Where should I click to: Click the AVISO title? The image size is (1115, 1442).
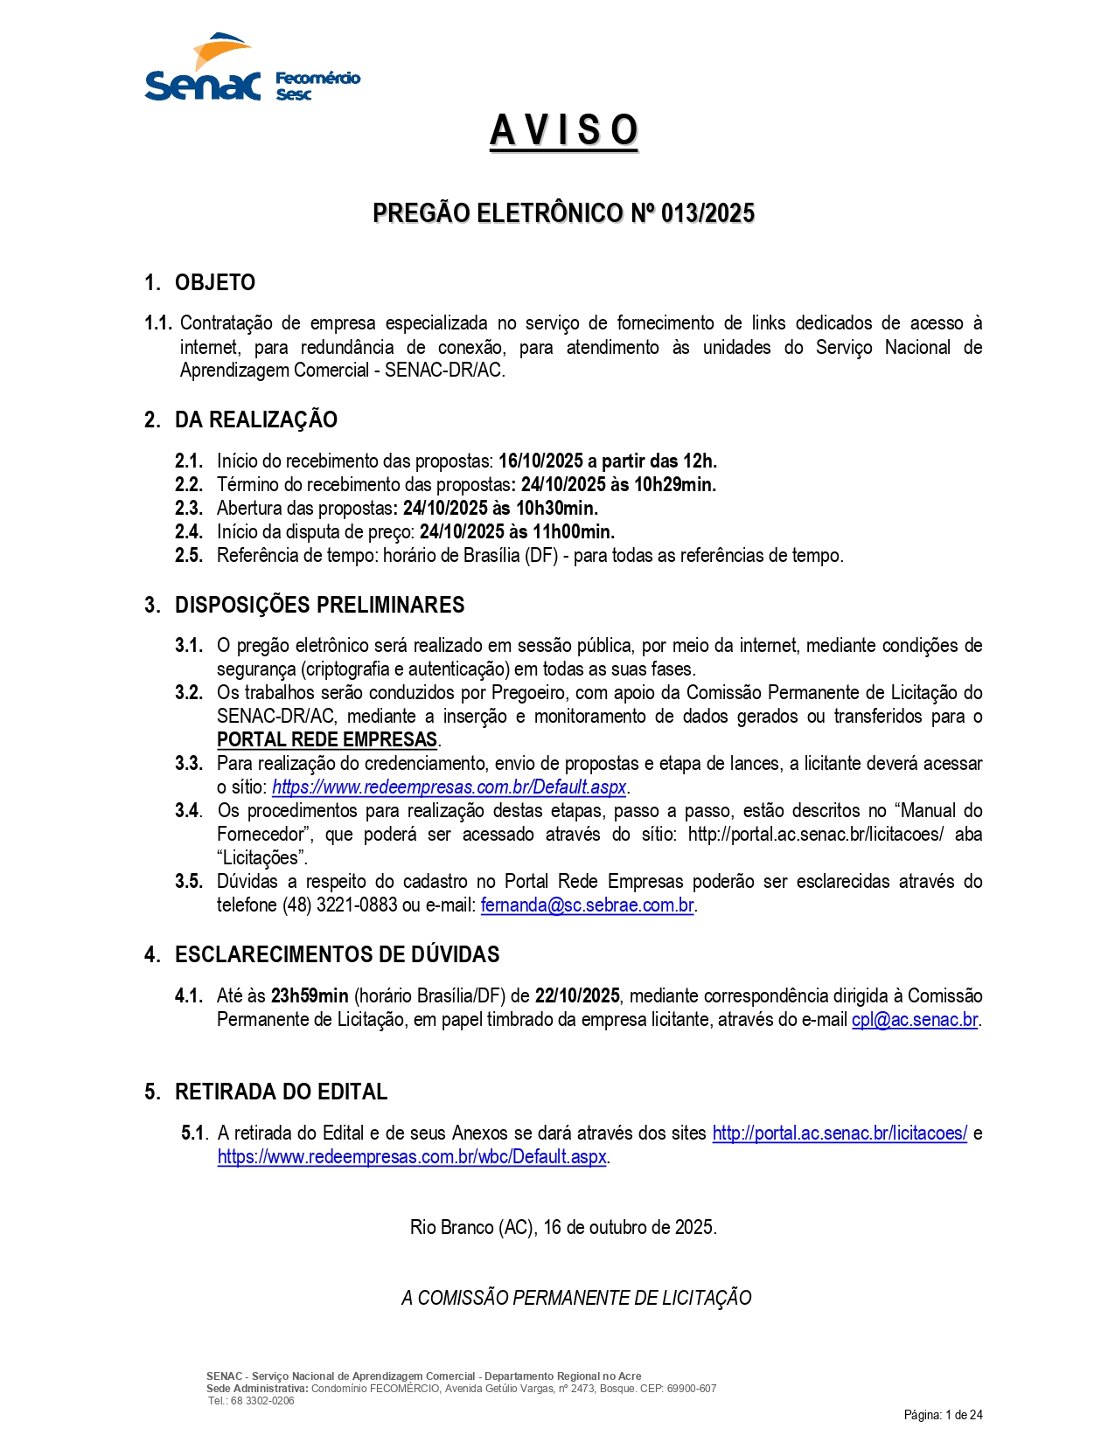pyautogui.click(x=563, y=131)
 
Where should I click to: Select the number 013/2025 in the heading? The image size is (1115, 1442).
pyautogui.click(x=707, y=213)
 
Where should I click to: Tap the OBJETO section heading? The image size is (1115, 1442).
pyautogui.click(x=214, y=282)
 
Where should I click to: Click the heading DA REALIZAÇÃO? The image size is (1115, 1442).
pyautogui.click(x=255, y=419)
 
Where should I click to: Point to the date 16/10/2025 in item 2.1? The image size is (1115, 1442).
pyautogui.click(x=540, y=461)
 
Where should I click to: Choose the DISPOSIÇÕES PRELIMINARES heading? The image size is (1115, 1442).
pyautogui.click(x=319, y=605)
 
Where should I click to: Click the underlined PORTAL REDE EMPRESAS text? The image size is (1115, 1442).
pyautogui.click(x=327, y=739)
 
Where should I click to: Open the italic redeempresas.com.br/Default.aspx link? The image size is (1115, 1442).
pyautogui.click(x=449, y=787)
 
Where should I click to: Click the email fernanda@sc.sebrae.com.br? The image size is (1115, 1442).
pyautogui.click(x=587, y=905)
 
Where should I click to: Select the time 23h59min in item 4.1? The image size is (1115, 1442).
pyautogui.click(x=310, y=995)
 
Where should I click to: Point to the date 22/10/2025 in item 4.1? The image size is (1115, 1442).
pyautogui.click(x=577, y=995)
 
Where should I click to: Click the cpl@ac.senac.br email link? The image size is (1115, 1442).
pyautogui.click(x=914, y=1019)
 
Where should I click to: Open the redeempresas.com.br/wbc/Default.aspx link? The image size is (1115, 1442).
pyautogui.click(x=412, y=1156)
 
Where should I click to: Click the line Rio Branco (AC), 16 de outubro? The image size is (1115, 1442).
pyautogui.click(x=563, y=1227)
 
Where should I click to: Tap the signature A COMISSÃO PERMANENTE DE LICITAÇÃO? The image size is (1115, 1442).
pyautogui.click(x=576, y=1298)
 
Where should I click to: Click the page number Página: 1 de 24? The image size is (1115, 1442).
pyautogui.click(x=943, y=1415)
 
